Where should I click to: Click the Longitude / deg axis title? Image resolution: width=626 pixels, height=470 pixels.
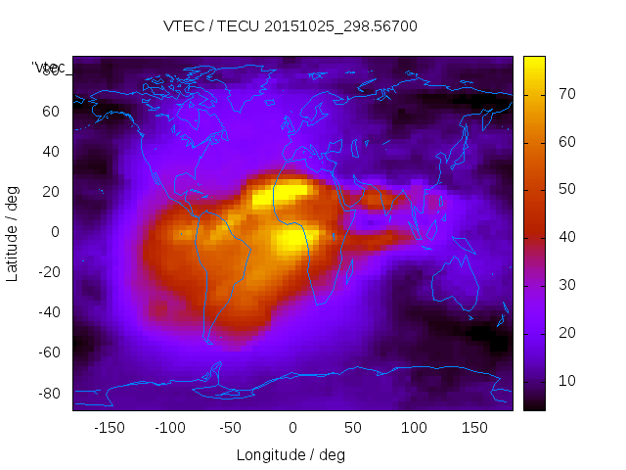(x=291, y=454)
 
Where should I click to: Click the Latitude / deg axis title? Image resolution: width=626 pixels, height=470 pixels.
(x=14, y=232)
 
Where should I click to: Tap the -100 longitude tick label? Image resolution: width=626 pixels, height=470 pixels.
(x=169, y=427)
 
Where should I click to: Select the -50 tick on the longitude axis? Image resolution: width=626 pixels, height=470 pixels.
(x=231, y=427)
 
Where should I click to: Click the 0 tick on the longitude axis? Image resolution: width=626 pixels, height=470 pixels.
(x=292, y=427)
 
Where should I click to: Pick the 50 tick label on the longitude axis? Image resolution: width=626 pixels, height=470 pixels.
(x=353, y=427)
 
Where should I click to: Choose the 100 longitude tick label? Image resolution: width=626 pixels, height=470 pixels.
(x=414, y=427)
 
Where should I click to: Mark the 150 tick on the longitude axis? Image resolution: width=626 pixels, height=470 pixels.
(x=475, y=427)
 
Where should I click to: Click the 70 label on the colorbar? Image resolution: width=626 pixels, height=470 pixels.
(x=566, y=94)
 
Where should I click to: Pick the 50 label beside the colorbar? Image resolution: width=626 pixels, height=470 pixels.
(x=566, y=189)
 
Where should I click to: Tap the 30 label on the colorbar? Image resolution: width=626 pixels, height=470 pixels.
(x=566, y=285)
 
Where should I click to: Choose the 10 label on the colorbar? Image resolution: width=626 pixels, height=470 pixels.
(x=566, y=380)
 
